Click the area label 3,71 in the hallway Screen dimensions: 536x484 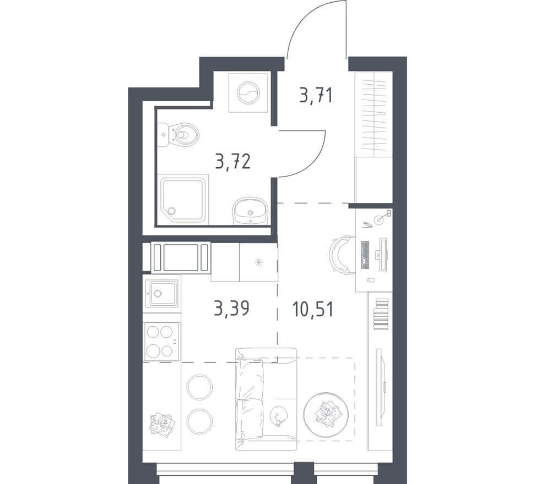[x=316, y=95]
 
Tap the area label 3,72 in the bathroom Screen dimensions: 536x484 [x=233, y=162]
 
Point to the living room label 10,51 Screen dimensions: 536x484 [x=313, y=309]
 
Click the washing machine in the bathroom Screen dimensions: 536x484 [x=248, y=93]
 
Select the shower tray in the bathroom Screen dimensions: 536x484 [x=183, y=199]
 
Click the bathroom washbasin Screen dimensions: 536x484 [x=251, y=211]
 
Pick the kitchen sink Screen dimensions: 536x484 [x=161, y=293]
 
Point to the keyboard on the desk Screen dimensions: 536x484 [x=365, y=255]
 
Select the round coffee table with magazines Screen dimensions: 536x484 [x=326, y=414]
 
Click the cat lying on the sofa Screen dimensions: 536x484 [x=278, y=416]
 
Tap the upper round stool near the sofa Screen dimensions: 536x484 [x=199, y=387]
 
